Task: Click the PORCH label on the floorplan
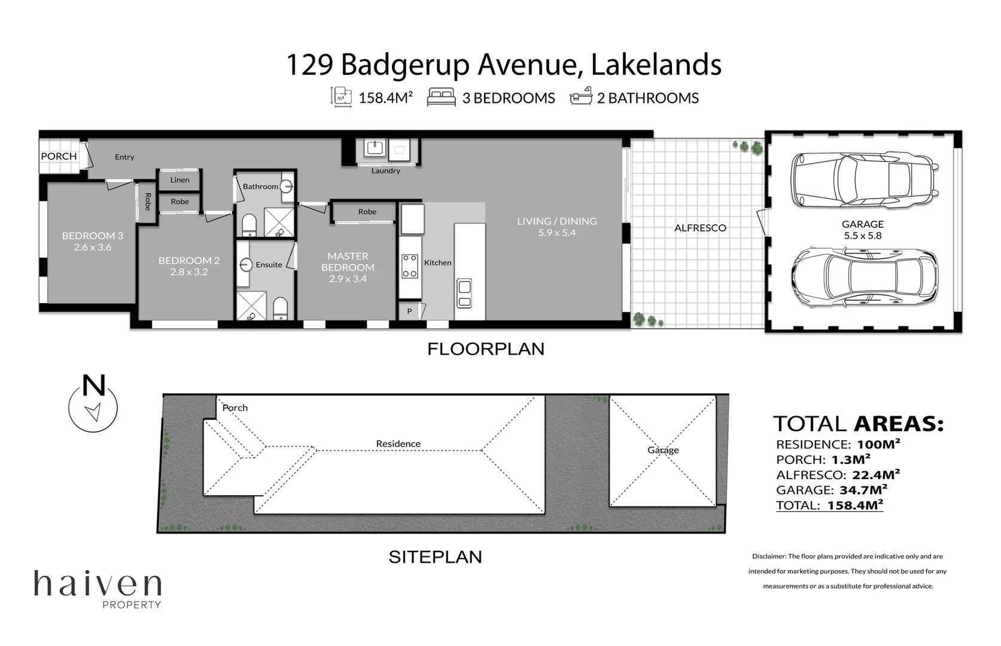pyautogui.click(x=59, y=156)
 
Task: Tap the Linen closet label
pyautogui.click(x=179, y=179)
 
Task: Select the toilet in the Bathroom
pyautogui.click(x=249, y=226)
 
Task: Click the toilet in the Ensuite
pyautogui.click(x=280, y=309)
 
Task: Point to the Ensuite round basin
pyautogui.click(x=246, y=264)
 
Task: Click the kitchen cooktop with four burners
pyautogui.click(x=410, y=266)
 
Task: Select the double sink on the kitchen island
pyautogui.click(x=464, y=293)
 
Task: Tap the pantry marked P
pyautogui.click(x=410, y=311)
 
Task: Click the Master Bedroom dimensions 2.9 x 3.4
pyautogui.click(x=348, y=279)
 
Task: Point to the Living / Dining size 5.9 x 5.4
pyautogui.click(x=556, y=233)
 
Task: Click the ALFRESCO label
pyautogui.click(x=700, y=228)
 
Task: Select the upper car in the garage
pyautogui.click(x=864, y=179)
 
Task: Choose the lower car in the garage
pyautogui.click(x=864, y=278)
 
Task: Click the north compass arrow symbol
pyautogui.click(x=93, y=412)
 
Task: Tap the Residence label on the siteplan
pyautogui.click(x=398, y=444)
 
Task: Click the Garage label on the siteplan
pyautogui.click(x=663, y=450)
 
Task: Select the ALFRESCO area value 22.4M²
pyautogui.click(x=875, y=475)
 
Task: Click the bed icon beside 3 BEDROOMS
pyautogui.click(x=441, y=97)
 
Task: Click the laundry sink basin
pyautogui.click(x=375, y=148)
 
